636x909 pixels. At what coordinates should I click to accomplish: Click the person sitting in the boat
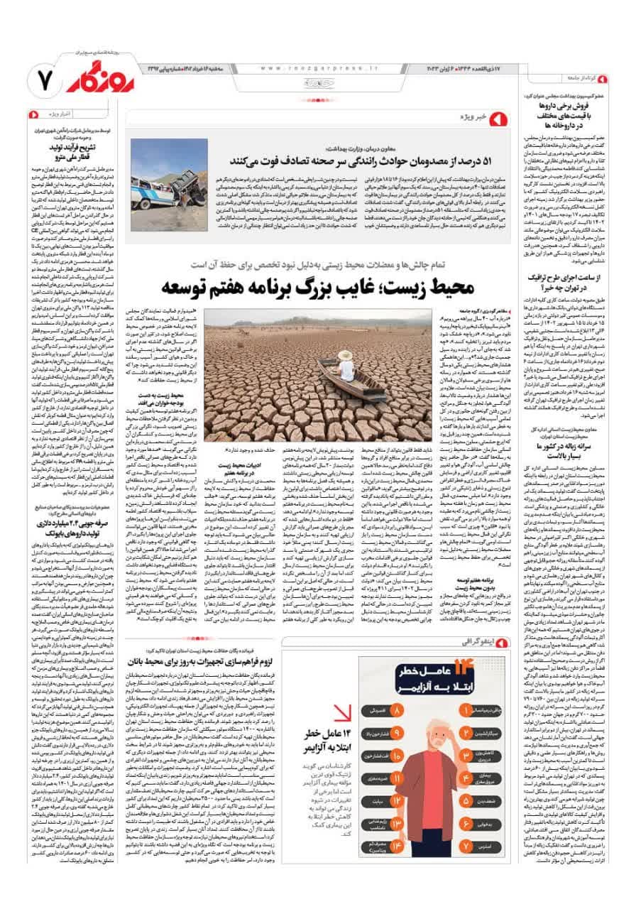tap(346, 366)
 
